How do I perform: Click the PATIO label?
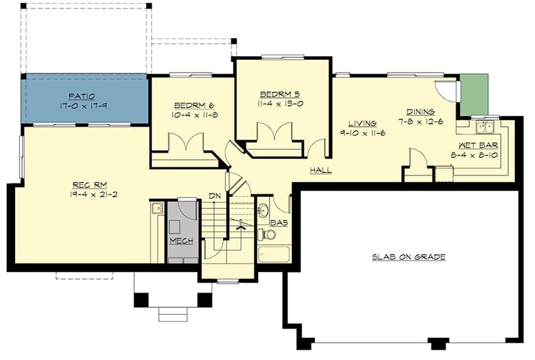point(83,96)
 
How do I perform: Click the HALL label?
point(320,171)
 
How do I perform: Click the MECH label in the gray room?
point(180,241)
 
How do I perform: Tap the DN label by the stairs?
point(215,196)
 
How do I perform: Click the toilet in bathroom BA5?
point(268,235)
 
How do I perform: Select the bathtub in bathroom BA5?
point(273,254)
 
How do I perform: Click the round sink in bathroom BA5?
point(263,209)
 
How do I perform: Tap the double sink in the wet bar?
point(485,128)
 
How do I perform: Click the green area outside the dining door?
point(473,95)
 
